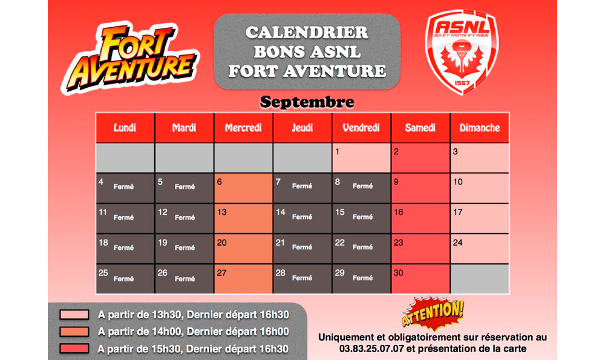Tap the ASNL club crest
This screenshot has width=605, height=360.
coord(462,51)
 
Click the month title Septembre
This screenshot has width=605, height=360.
coord(307,102)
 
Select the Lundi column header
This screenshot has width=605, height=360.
coord(125,128)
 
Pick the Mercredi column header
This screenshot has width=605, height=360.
coord(243,128)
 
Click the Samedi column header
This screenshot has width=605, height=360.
coord(420,128)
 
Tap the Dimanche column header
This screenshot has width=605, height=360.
coord(480,128)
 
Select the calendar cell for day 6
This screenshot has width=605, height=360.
coord(243,188)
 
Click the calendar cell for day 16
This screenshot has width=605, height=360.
coord(420,218)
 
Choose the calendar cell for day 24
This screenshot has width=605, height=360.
coord(480,249)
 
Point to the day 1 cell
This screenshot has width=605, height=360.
coord(361,158)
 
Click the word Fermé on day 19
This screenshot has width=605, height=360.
coord(185,247)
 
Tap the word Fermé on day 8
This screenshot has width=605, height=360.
coord(362,186)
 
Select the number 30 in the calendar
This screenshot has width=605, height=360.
coord(399,273)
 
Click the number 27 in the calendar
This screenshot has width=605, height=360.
coord(221,273)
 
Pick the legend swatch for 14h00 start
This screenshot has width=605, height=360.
coord(74,332)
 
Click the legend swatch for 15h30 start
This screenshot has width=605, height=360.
coord(74,349)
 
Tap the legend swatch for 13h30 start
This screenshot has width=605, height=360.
coord(74,315)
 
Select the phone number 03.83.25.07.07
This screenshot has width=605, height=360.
coord(371,349)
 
